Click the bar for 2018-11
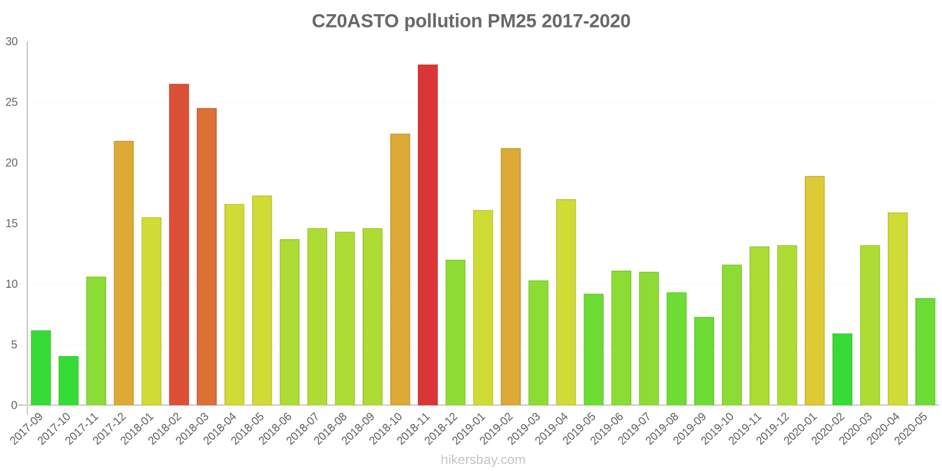[427, 235]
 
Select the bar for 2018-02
[179, 244]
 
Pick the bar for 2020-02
[842, 369]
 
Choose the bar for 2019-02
[510, 277]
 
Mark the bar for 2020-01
[814, 291]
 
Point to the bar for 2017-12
[124, 273]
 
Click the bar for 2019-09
[704, 361]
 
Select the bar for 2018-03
[207, 257]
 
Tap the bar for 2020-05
[925, 351]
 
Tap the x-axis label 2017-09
[27, 429]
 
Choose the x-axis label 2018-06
[276, 429]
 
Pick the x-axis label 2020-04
[884, 429]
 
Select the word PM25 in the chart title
[512, 21]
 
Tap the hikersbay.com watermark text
[483, 460]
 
